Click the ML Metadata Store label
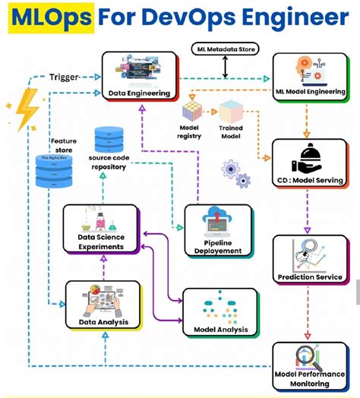225,50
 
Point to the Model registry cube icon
191,112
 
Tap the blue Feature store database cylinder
54,170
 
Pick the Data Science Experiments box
101,229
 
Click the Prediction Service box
311,258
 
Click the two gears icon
235,173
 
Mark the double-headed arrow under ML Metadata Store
225,66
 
